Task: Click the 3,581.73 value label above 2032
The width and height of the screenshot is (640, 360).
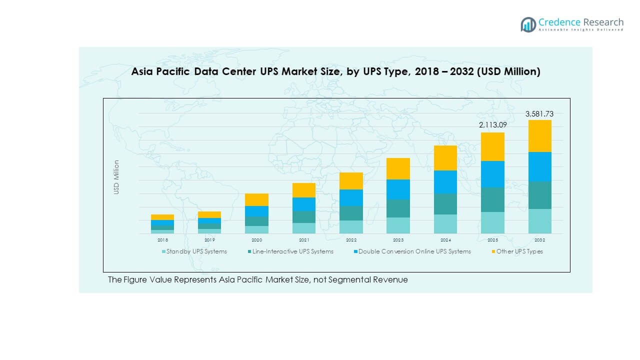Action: click(x=539, y=114)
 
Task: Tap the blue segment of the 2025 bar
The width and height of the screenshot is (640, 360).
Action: click(x=492, y=174)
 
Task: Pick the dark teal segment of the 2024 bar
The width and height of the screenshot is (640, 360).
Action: click(x=445, y=204)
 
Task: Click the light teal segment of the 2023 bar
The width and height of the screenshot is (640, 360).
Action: click(x=398, y=225)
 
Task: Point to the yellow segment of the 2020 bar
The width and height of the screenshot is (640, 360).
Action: click(x=256, y=199)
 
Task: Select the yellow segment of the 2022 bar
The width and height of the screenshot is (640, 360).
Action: click(x=351, y=181)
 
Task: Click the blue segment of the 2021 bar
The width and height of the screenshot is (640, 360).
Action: click(x=304, y=204)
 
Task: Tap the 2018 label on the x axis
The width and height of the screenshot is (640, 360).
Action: click(x=162, y=240)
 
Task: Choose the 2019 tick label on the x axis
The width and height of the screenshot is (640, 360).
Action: click(x=209, y=240)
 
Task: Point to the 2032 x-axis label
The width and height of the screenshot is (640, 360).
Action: click(x=539, y=240)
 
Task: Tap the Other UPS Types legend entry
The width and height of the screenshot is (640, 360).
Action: click(x=519, y=251)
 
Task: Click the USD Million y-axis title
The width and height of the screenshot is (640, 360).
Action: click(x=116, y=177)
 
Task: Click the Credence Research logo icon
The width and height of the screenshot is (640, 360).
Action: click(x=528, y=24)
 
